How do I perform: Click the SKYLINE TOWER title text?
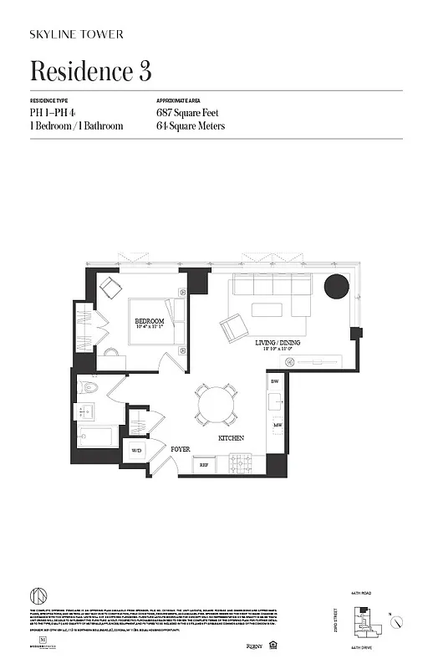point(77,34)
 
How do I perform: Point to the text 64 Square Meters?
point(191,126)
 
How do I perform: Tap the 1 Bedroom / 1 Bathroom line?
point(76,126)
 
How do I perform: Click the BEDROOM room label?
point(149,321)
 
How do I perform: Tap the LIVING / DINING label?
point(278,343)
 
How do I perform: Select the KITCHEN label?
point(231,438)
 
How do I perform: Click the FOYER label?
point(181,449)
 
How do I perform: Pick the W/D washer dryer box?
point(136,450)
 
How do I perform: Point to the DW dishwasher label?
point(274,382)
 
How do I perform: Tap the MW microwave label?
point(276,426)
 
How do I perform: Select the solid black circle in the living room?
point(337,286)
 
